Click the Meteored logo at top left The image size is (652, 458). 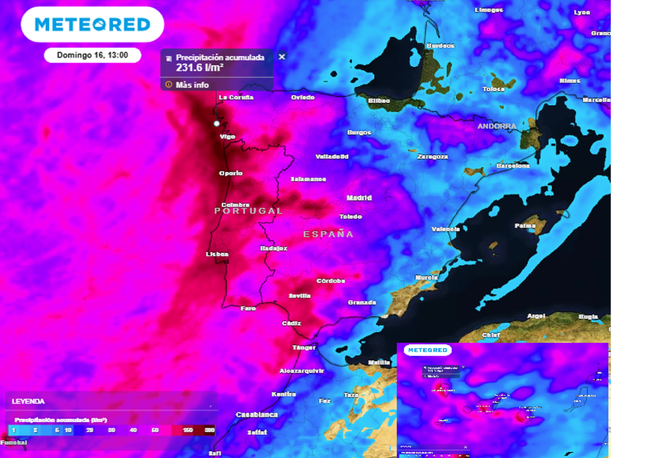(92, 24)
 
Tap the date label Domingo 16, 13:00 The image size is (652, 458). (92, 55)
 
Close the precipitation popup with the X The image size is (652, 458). (282, 57)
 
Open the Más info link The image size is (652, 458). (192, 85)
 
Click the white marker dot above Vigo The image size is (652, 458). (216, 123)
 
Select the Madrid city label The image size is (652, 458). (359, 198)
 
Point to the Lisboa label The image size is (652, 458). (217, 254)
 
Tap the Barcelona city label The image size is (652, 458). (513, 165)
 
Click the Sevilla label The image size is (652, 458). (300, 296)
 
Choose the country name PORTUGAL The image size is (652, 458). (248, 211)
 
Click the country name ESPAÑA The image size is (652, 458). (328, 234)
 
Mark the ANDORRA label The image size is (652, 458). (497, 126)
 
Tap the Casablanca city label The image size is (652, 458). (257, 415)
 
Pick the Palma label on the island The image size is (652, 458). (525, 225)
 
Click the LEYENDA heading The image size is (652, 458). (28, 402)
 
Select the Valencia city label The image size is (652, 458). (446, 229)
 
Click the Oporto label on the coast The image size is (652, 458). (231, 174)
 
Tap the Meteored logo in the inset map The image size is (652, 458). (428, 350)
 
